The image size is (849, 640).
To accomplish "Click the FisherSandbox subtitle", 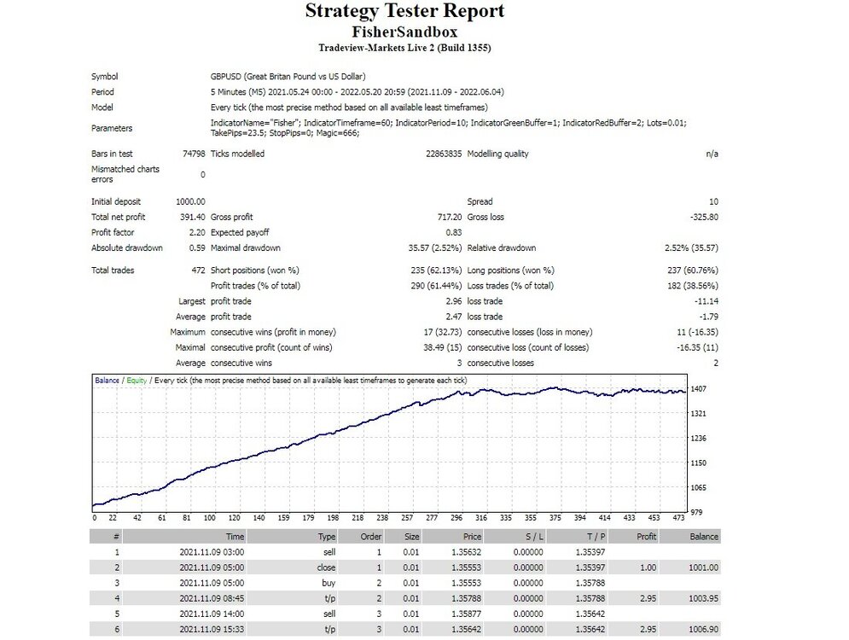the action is click(404, 32).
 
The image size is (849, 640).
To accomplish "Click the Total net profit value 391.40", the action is click(192, 217).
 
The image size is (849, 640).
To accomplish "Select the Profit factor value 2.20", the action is click(197, 232).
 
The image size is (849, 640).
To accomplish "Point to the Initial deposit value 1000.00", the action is click(190, 201).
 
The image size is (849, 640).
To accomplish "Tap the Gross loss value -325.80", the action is click(704, 217).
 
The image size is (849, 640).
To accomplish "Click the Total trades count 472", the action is click(198, 271).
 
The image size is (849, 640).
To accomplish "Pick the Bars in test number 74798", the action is click(194, 154).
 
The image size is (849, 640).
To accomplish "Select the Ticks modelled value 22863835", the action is click(444, 154).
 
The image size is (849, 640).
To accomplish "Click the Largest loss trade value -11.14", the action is click(706, 301).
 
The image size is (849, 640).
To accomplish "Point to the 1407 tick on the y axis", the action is click(699, 389).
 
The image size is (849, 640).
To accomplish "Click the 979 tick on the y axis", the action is click(696, 512).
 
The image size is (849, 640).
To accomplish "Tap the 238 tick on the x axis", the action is click(382, 518).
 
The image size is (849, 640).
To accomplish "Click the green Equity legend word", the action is click(137, 381).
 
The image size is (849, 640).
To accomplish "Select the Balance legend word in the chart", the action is click(107, 381).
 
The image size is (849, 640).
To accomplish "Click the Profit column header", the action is click(646, 537).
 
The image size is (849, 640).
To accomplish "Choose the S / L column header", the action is click(534, 537).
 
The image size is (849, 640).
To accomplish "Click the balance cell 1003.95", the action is click(704, 598).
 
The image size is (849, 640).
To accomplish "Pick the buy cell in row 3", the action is click(329, 583).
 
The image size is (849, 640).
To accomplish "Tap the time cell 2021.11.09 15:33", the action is click(212, 629).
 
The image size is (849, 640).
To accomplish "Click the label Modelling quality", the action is click(497, 154).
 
